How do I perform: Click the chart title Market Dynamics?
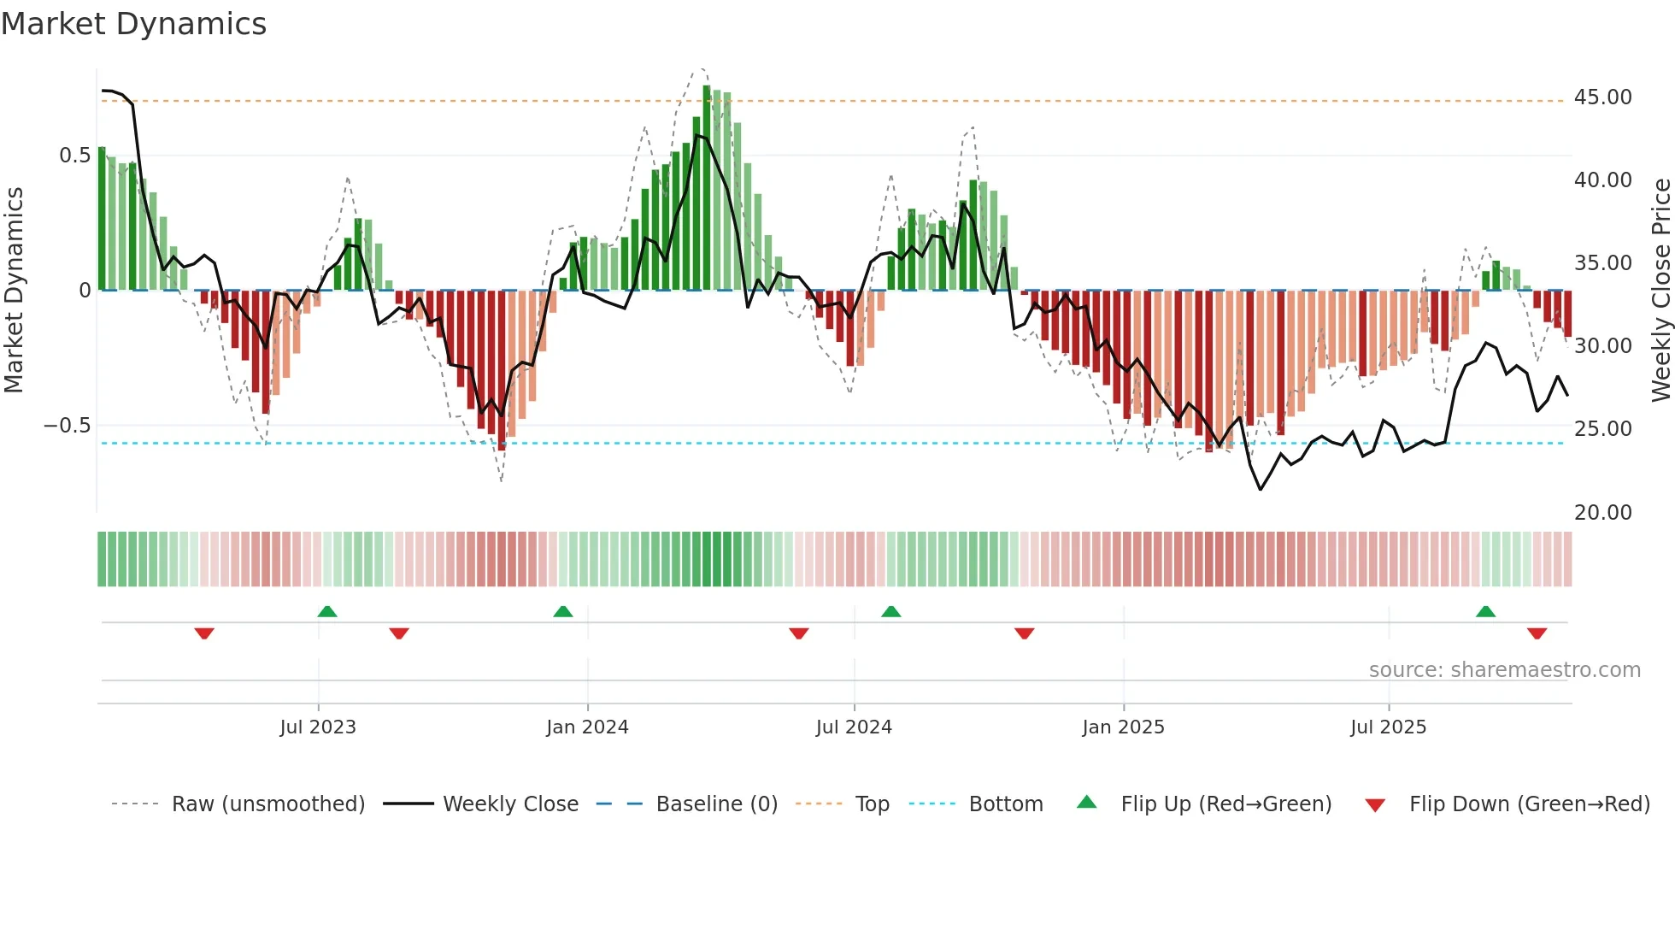pyautogui.click(x=133, y=24)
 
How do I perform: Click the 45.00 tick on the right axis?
pyautogui.click(x=1602, y=97)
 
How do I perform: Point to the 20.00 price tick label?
pyautogui.click(x=1602, y=512)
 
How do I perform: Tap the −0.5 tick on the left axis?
pyautogui.click(x=67, y=425)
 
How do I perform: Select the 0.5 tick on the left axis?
pyautogui.click(x=74, y=156)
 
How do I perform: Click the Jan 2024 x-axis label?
pyautogui.click(x=587, y=727)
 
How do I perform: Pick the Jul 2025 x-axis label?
pyautogui.click(x=1388, y=727)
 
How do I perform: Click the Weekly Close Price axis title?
pyautogui.click(x=1660, y=289)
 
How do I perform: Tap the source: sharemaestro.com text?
pyautogui.click(x=1504, y=670)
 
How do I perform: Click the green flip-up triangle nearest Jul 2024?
pyautogui.click(x=890, y=611)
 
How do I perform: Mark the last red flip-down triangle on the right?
pyautogui.click(x=1537, y=633)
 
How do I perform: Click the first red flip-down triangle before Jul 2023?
pyautogui.click(x=203, y=633)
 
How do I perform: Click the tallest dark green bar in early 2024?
pyautogui.click(x=707, y=188)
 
